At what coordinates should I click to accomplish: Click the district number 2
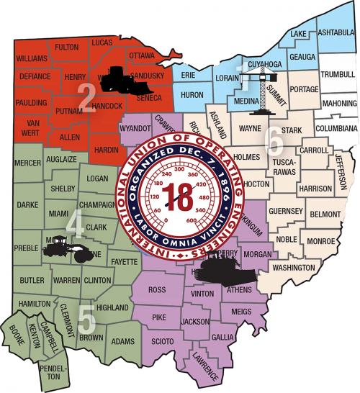pos(87,99)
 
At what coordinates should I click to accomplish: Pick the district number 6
pos(274,141)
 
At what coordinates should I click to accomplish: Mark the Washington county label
pos(294,268)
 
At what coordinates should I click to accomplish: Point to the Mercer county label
pos(28,163)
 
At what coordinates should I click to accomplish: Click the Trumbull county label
pos(337,74)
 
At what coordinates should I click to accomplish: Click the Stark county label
pos(290,130)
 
